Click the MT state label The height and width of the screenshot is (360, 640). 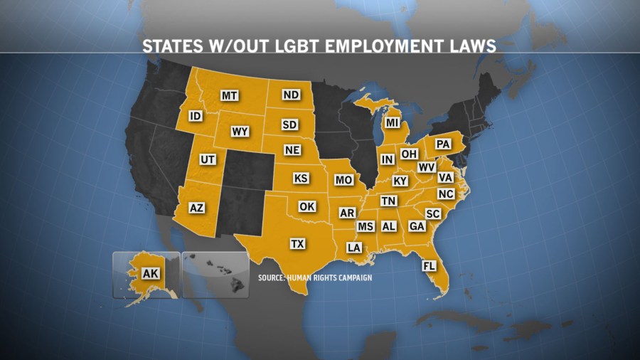(229, 95)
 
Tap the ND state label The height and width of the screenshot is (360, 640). (290, 95)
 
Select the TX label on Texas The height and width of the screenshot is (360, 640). (298, 244)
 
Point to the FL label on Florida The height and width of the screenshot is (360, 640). (429, 266)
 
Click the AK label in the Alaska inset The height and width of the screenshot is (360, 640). (150, 273)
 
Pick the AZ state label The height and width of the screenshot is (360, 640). (197, 208)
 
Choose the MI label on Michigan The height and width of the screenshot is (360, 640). (393, 122)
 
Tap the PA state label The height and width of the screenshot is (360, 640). (443, 144)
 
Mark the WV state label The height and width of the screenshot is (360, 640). (427, 167)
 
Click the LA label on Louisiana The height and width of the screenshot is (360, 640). (353, 248)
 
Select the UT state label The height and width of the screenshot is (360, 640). (208, 159)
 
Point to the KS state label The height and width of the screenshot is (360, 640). (301, 178)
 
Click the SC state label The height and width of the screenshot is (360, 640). (432, 213)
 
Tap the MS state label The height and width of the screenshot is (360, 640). (366, 226)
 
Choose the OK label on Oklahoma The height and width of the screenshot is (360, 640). (306, 206)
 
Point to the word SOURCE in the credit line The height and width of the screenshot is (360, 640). (272, 277)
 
